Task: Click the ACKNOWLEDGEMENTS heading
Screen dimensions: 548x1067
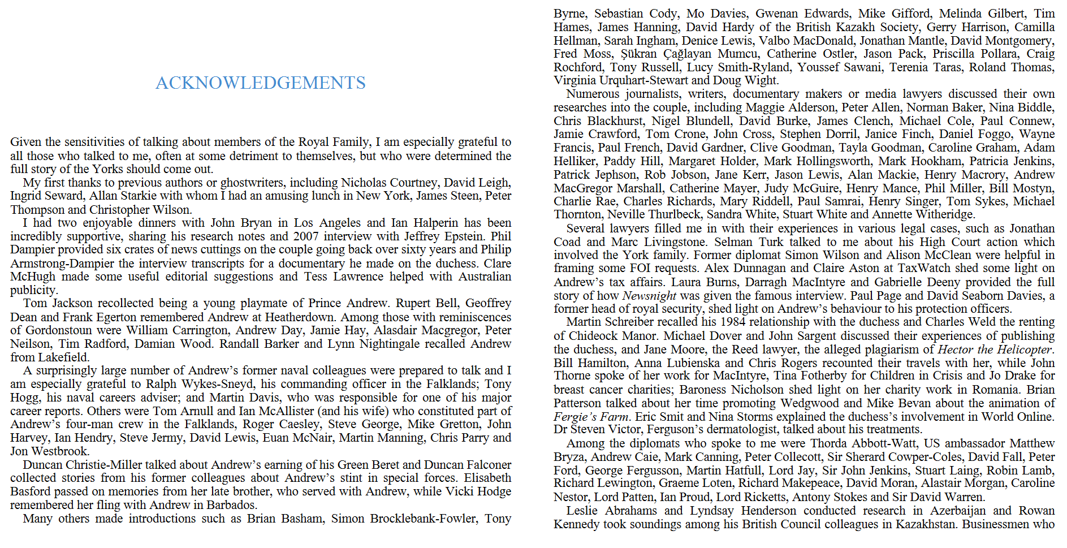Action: tap(260, 83)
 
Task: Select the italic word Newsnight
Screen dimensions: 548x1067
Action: tap(649, 296)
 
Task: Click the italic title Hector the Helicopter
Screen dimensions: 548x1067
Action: tap(995, 349)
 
